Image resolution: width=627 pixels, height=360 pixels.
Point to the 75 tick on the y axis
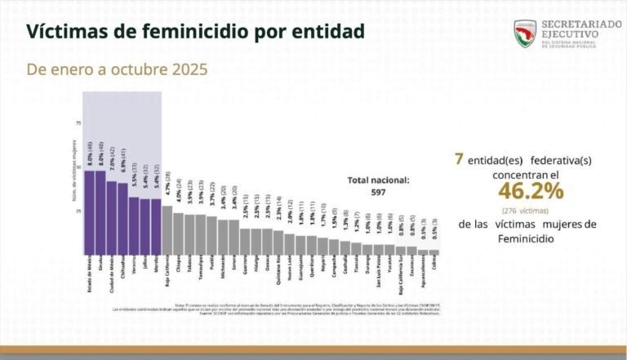pyautogui.click(x=79, y=123)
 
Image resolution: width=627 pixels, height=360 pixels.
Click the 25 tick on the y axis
pyautogui.click(x=79, y=211)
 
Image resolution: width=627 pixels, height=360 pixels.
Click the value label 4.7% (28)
pyautogui.click(x=167, y=191)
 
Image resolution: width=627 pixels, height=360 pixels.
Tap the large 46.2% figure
pyautogui.click(x=531, y=191)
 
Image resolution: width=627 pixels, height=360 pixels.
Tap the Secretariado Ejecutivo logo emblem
pyautogui.click(x=525, y=33)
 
